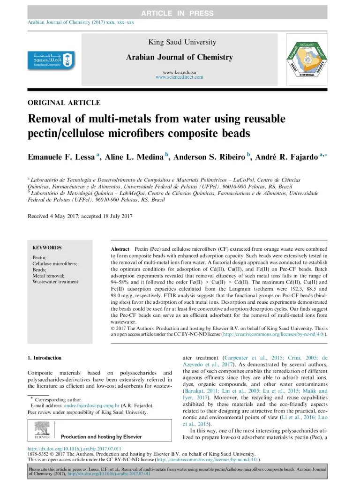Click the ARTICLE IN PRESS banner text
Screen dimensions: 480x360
pos(180,14)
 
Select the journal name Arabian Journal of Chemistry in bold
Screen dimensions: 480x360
pos(179,57)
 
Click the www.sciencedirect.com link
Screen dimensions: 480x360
pos(180,77)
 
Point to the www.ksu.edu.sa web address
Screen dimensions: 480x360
pos(179,72)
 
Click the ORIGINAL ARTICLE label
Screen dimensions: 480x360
pos(64,103)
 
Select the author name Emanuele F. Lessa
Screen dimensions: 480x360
pos(61,157)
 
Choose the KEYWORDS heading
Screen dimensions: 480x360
pos(47,247)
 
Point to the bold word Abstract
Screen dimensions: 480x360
pos(120,248)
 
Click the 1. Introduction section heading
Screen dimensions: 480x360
pos(45,358)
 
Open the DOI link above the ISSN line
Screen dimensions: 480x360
pos(75,449)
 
